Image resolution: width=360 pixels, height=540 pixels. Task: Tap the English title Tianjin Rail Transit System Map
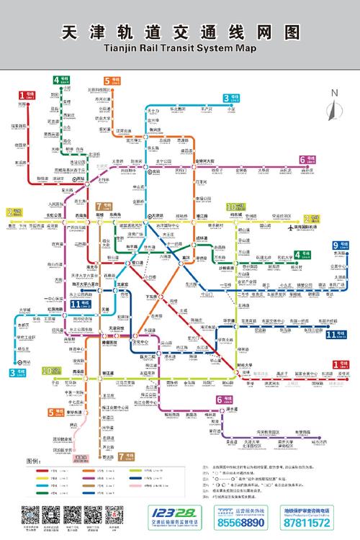coord(180,48)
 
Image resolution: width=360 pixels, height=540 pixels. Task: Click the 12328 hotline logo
coord(170,510)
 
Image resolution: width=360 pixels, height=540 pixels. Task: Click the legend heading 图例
coord(33,460)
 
